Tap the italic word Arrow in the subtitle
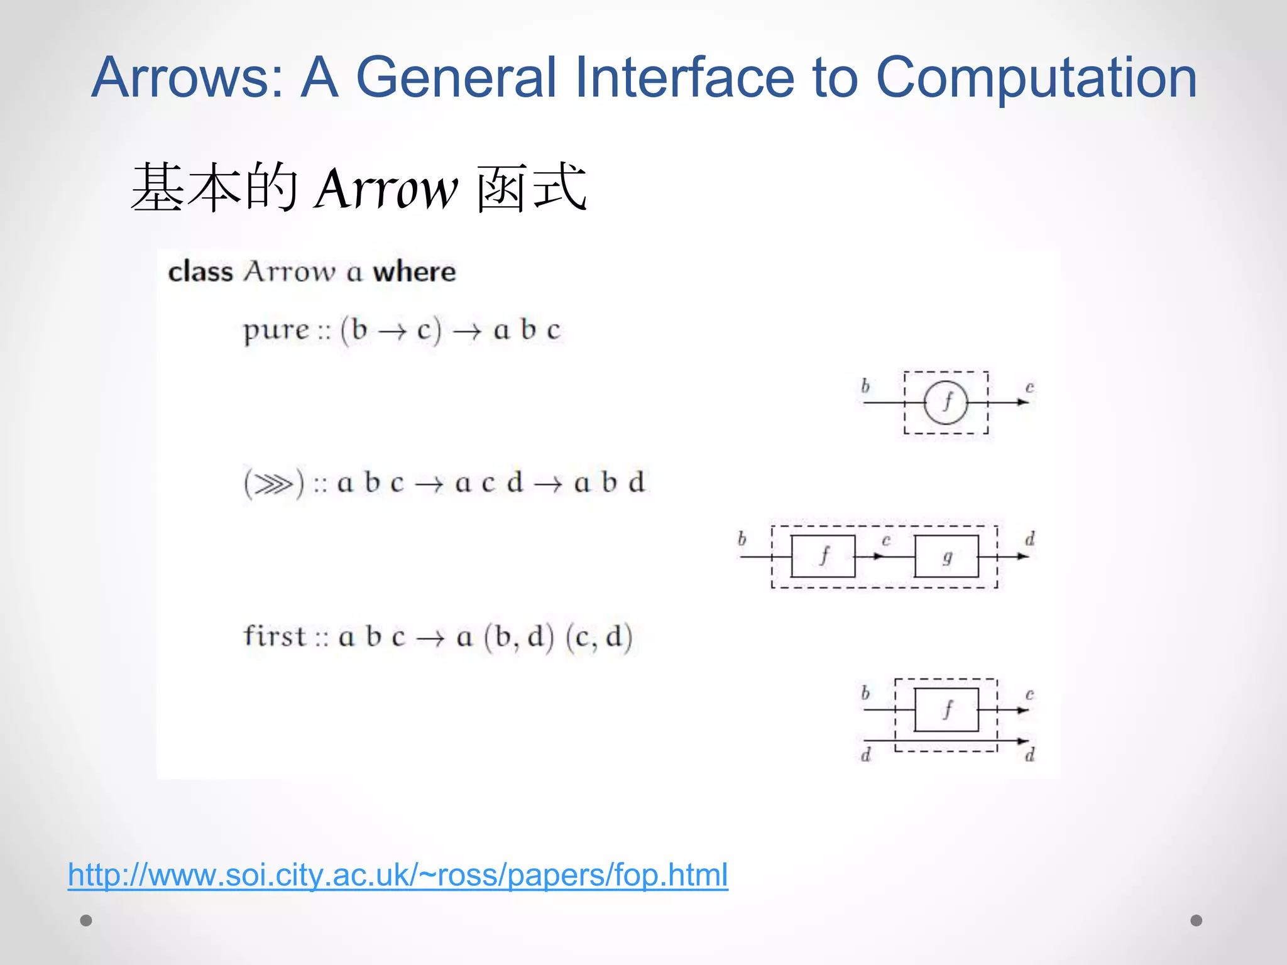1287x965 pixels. coord(386,188)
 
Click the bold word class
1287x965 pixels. coord(200,272)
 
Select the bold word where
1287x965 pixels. coord(414,272)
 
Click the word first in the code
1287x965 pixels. coord(275,636)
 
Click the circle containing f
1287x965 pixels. coord(946,403)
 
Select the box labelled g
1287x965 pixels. coord(946,556)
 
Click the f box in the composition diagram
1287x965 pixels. coord(823,556)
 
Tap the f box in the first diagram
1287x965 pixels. coord(946,710)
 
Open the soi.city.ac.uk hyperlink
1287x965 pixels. coord(398,875)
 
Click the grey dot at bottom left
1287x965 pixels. coord(86,920)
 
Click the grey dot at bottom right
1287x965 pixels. coord(1197,920)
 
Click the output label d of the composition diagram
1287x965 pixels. coord(1029,539)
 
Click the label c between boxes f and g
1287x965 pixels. coord(886,540)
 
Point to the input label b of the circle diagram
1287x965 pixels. coord(865,386)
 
